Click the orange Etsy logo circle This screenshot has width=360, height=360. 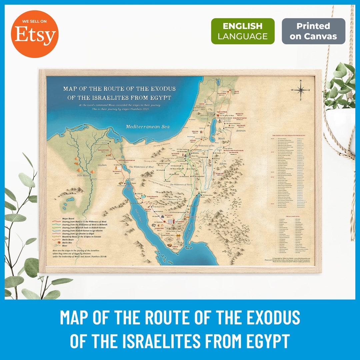(34, 34)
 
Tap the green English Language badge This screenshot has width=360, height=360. (243, 31)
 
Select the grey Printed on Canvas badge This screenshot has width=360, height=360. (313, 31)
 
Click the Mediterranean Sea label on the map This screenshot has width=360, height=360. (147, 127)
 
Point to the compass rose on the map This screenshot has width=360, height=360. (301, 90)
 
